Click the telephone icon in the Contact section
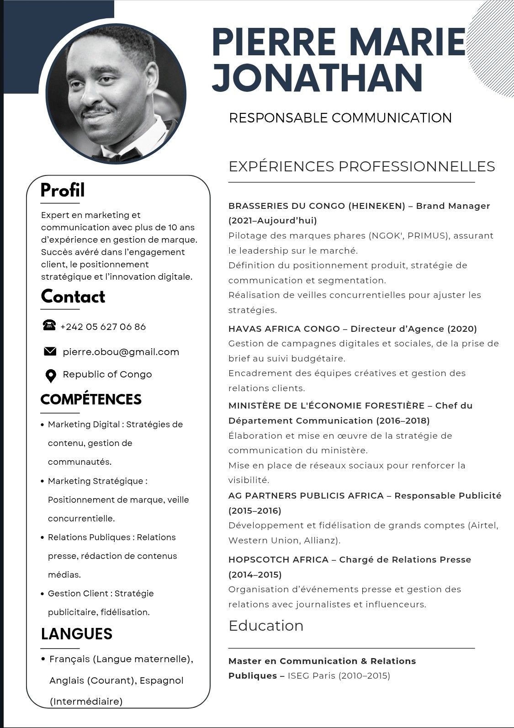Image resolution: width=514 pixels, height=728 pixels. [x=49, y=325]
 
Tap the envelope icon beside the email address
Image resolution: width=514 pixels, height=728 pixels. [x=50, y=351]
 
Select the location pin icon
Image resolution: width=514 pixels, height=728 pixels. [x=51, y=376]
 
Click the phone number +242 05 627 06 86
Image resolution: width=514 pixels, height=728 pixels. [x=103, y=327]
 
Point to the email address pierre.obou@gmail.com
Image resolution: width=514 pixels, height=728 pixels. [x=121, y=352]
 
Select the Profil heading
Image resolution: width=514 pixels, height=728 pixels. [x=63, y=190]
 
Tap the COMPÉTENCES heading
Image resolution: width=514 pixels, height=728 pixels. [x=91, y=399]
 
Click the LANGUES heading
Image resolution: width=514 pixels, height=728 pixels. [x=76, y=634]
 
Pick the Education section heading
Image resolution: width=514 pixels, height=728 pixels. [x=266, y=626]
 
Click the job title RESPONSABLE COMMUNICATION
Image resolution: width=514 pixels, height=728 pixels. [x=340, y=118]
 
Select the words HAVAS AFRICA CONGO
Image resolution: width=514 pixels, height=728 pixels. [x=284, y=329]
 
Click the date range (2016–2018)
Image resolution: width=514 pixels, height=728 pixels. [x=403, y=420]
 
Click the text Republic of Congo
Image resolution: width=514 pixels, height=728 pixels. [x=107, y=375]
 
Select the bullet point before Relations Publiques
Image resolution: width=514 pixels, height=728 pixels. [x=42, y=538]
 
